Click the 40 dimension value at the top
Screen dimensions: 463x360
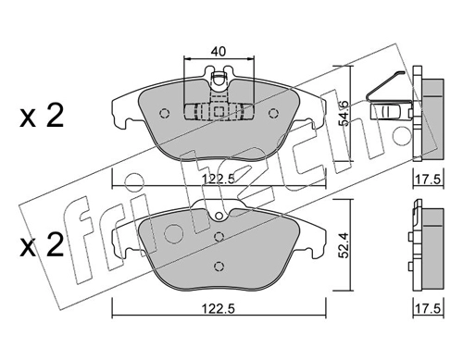coord(219,52)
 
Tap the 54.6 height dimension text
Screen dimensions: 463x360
coord(343,113)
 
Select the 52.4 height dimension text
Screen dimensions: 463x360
coord(343,245)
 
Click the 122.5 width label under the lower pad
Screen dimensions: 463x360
coord(219,309)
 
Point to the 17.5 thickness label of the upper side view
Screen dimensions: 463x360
coord(428,179)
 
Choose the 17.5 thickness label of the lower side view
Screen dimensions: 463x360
coord(428,309)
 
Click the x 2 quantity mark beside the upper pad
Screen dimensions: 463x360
coord(42,116)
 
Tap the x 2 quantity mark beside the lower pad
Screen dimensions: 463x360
coord(42,245)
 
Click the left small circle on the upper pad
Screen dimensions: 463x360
coord(164,114)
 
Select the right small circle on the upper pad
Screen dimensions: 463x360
coord(273,114)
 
